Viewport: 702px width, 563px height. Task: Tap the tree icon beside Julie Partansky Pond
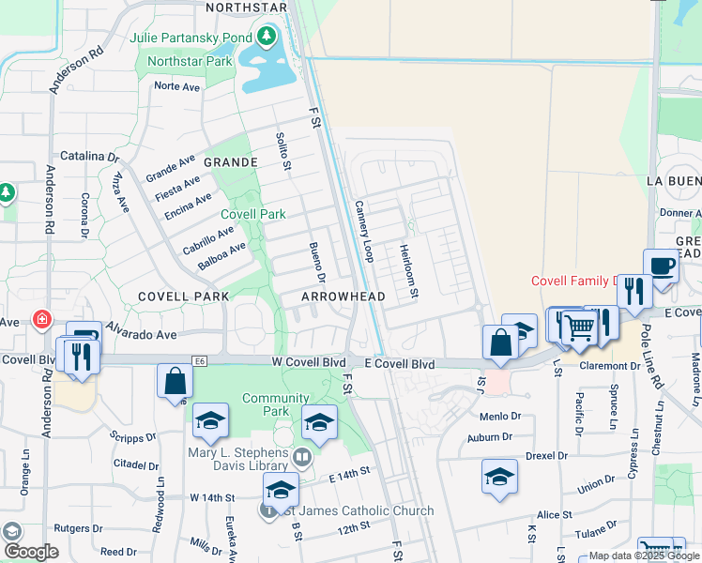click(267, 38)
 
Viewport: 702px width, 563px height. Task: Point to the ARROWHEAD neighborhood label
click(343, 297)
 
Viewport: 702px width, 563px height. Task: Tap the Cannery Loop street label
click(364, 231)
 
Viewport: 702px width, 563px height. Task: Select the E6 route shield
click(199, 359)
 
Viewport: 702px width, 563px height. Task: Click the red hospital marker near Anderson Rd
click(41, 320)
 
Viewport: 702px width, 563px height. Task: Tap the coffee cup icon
click(661, 266)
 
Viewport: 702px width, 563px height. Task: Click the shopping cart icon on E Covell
click(581, 327)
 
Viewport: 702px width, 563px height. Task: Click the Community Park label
click(276, 404)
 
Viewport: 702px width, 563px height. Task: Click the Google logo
click(31, 552)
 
